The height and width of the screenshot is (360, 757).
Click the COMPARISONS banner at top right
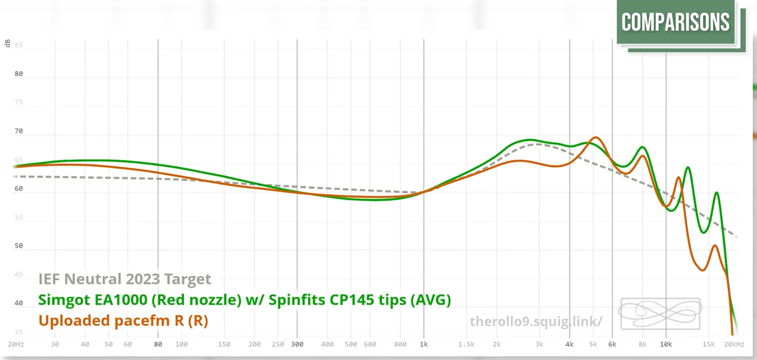coord(675,23)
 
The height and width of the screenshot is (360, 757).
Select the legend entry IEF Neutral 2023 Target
coord(125,279)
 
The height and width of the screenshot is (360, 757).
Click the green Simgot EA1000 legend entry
coord(244,299)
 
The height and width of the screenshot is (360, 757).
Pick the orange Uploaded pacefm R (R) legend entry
coord(123,320)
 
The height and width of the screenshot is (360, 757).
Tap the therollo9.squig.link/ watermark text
coord(536,321)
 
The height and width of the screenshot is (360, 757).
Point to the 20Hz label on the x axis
coord(16,344)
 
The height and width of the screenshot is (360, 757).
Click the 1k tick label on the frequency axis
coord(424,344)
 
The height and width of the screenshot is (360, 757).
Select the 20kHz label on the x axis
coord(733,344)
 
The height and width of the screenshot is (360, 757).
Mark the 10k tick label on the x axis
coord(666,344)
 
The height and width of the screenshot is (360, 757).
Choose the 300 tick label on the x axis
coord(297,344)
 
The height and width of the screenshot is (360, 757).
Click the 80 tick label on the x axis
coord(158,344)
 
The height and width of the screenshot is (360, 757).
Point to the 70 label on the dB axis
coord(19,131)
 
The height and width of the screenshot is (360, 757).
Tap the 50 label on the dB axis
coord(19,246)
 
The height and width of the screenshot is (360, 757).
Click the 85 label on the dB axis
coord(19,45)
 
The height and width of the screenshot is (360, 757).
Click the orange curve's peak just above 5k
coord(595,138)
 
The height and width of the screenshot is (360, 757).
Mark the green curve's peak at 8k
coord(642,148)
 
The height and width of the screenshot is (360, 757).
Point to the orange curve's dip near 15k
coord(702,270)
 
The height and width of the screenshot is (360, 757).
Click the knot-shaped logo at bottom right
coord(660,313)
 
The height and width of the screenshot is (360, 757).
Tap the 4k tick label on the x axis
coord(569,344)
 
